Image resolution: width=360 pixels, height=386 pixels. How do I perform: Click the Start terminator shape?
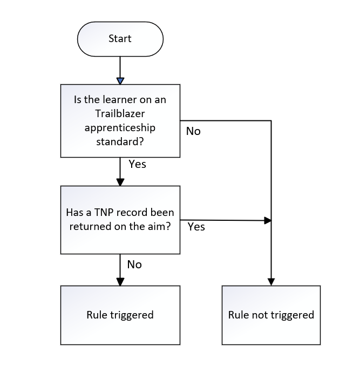coord(120,39)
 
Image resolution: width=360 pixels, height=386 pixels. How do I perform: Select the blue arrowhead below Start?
coord(120,80)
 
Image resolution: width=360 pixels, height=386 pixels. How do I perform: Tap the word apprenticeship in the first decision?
coord(120,128)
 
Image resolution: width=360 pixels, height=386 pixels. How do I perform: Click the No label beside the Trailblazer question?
coord(193,131)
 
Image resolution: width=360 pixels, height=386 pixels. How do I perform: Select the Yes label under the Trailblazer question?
coord(137,164)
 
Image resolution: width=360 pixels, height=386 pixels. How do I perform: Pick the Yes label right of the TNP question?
coord(196,227)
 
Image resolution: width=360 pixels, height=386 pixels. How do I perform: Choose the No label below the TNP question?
coord(134,265)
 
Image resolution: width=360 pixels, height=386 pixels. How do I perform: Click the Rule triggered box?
coord(120,315)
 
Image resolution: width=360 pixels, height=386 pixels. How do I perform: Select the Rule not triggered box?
coord(271,315)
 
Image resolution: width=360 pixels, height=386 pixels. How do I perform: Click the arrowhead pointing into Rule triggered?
coord(120,281)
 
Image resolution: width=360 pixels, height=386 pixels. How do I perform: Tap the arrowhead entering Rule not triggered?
coord(271,281)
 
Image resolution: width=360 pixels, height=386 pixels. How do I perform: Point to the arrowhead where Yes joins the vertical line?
coord(267,220)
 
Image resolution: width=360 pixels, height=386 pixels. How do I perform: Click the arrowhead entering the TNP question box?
coord(120,182)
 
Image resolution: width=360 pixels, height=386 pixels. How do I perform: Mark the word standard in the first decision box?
coord(120,143)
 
